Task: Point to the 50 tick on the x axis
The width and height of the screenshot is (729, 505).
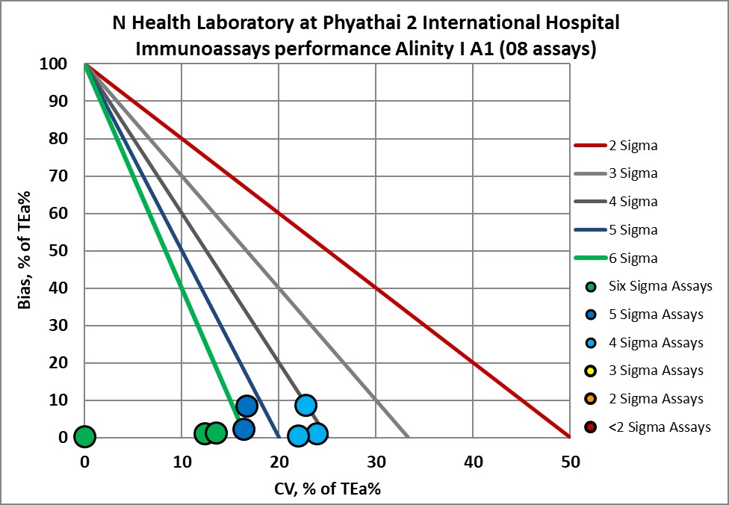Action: [x=570, y=462]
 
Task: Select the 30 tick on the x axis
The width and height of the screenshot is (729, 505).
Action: [x=376, y=462]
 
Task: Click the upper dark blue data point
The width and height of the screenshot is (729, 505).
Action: [x=246, y=406]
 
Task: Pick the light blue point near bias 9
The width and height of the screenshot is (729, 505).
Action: [x=305, y=405]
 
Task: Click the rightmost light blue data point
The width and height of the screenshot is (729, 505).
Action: [x=317, y=433]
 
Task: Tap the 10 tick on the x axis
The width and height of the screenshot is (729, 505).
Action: [x=182, y=462]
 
